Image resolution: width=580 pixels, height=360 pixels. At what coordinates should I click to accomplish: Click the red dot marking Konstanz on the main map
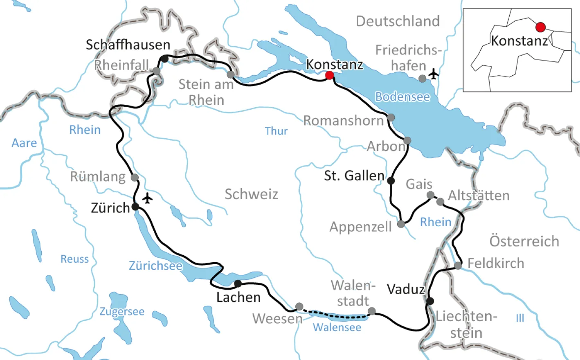point(329,75)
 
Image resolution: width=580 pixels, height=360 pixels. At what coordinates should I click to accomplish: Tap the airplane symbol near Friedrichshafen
point(433,74)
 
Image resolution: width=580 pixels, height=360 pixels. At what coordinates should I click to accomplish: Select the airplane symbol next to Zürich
point(147,198)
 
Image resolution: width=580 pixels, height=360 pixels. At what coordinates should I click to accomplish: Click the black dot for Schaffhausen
point(164,59)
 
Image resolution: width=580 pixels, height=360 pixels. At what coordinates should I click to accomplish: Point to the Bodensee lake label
point(402,97)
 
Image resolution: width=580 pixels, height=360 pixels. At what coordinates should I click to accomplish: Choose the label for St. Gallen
point(354,175)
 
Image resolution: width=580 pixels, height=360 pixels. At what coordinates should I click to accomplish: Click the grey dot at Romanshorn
point(391,118)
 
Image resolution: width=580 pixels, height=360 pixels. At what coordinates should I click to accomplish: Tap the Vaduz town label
point(406,289)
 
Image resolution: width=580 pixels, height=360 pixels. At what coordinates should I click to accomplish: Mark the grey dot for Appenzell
point(401,224)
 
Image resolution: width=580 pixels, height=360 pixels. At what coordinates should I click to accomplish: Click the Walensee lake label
point(337,327)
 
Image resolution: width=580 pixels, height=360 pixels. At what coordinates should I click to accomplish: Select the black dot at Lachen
point(238,283)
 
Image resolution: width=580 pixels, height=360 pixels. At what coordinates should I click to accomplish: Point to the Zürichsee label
point(155,266)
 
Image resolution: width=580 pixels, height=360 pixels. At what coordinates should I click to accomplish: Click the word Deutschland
point(398,21)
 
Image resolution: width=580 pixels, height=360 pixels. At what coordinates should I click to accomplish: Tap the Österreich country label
point(524,241)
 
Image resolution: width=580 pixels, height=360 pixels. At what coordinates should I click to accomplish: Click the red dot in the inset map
point(540,27)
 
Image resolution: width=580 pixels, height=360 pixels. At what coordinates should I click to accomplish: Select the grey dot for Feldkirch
point(458,265)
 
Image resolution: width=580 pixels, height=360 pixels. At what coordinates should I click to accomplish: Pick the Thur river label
point(276,131)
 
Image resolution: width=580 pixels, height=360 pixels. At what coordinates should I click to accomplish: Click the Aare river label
point(24,143)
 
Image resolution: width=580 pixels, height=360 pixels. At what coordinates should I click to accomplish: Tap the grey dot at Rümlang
point(135,178)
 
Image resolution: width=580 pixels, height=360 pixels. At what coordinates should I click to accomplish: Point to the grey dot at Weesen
point(299,307)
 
